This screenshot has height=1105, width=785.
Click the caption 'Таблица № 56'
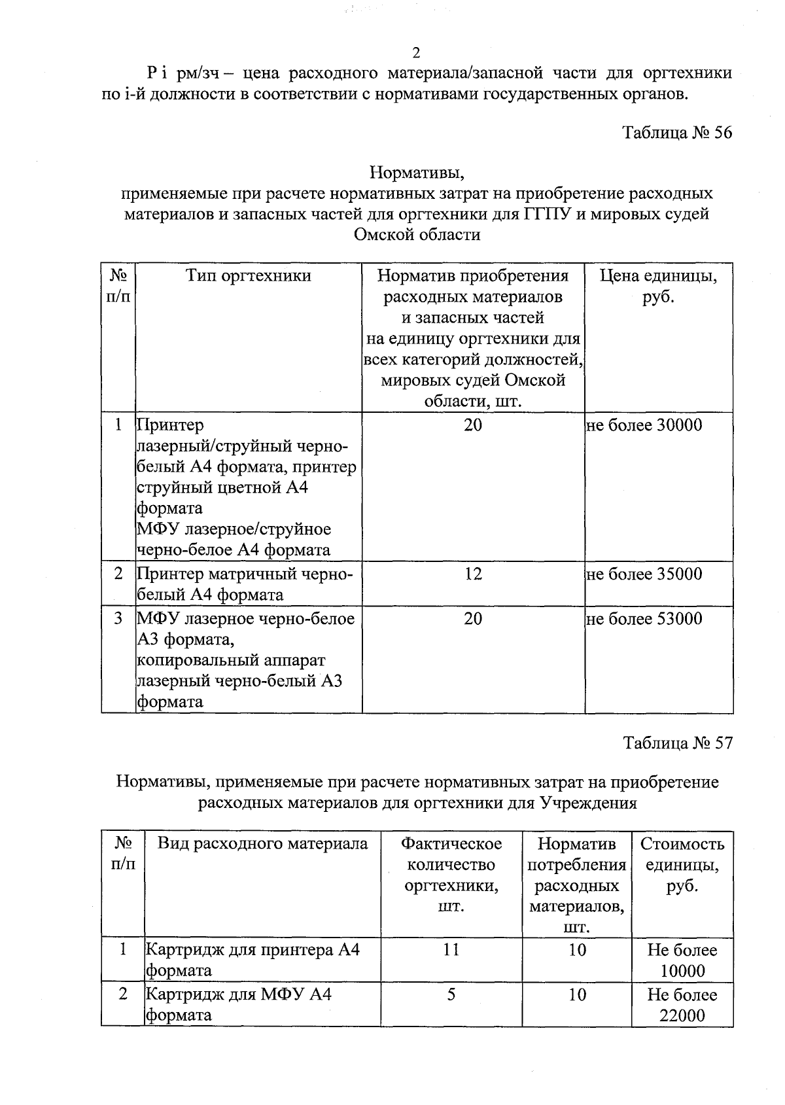point(677,133)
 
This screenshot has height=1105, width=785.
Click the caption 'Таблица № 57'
point(677,743)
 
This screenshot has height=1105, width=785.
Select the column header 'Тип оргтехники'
point(249,276)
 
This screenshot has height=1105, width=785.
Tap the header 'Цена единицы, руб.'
point(658,287)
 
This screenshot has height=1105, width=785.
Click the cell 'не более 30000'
point(644,425)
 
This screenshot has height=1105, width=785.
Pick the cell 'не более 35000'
point(644,574)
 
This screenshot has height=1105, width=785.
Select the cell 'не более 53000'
point(644,619)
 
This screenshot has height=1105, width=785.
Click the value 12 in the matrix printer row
point(473,574)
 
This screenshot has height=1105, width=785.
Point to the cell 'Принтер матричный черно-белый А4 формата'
point(245,584)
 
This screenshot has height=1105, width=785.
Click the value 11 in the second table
point(451,950)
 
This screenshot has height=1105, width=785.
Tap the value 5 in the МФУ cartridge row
point(451,994)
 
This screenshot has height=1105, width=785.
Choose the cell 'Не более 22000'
point(682,1005)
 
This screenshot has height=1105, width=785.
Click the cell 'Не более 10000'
point(682,960)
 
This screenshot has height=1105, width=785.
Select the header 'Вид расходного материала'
point(262,844)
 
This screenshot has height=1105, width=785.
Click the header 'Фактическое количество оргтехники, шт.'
point(451,875)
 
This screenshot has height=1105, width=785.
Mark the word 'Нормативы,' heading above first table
point(417,173)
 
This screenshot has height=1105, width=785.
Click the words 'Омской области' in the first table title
point(417,235)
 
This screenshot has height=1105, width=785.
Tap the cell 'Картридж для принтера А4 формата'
point(253,960)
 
